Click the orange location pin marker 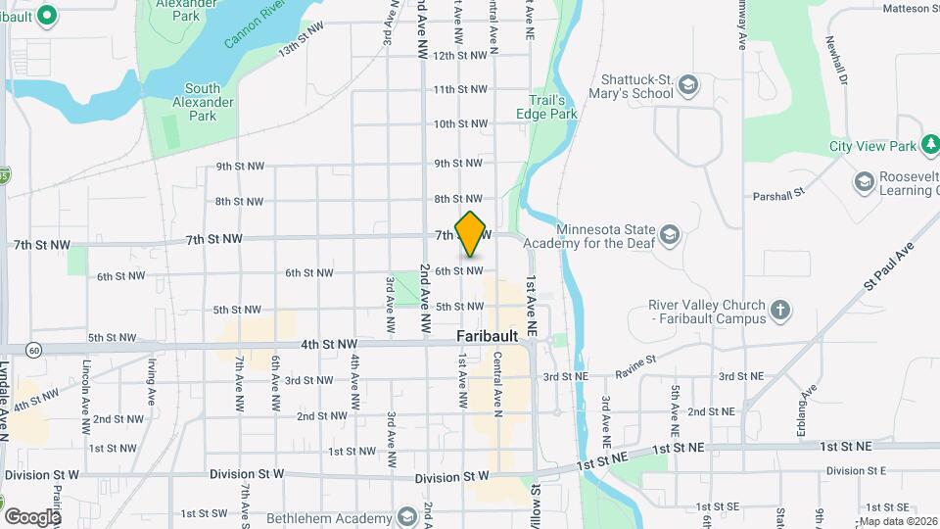pyautogui.click(x=471, y=234)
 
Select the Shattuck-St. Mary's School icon pyautogui.click(x=688, y=85)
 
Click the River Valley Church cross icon pyautogui.click(x=779, y=312)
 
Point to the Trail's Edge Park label pyautogui.click(x=547, y=107)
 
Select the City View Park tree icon pyautogui.click(x=931, y=146)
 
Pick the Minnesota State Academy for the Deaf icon pyautogui.click(x=669, y=234)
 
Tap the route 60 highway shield pyautogui.click(x=34, y=349)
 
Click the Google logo pyautogui.click(x=32, y=516)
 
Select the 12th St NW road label pyautogui.click(x=459, y=56)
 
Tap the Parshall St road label pyautogui.click(x=778, y=195)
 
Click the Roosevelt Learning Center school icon pyautogui.click(x=864, y=181)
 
